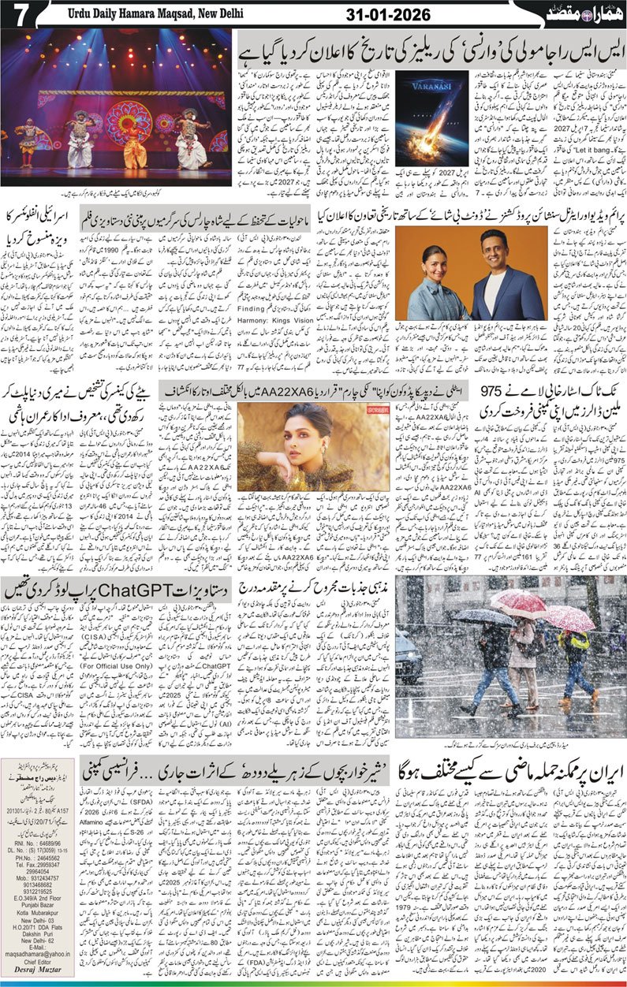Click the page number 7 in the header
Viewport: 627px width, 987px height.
(17, 14)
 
